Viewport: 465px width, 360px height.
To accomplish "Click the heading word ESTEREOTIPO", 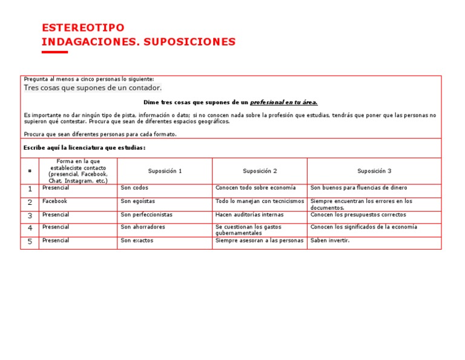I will coord(83,28).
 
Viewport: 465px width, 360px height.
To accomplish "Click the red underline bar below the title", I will coord(54,52).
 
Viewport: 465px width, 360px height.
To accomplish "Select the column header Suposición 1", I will coord(165,172).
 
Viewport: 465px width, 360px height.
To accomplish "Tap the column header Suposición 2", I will coord(260,172).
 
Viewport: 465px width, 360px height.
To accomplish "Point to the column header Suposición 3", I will coord(374,172).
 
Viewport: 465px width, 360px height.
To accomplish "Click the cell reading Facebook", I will coord(54,201).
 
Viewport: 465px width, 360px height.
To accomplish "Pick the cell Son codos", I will coord(134,188).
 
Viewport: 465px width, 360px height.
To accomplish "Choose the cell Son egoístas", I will coord(138,201).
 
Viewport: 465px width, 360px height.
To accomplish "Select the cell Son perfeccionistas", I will coord(147,215).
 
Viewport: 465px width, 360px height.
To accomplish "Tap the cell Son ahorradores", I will coord(143,227).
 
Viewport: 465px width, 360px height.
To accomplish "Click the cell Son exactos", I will coord(137,241).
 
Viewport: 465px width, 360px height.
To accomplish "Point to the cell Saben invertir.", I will coord(330,241).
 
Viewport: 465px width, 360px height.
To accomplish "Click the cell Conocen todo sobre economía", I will coord(256,188).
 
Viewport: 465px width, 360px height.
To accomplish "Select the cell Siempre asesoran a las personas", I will coord(259,241).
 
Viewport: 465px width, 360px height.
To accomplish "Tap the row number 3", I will coord(30,216).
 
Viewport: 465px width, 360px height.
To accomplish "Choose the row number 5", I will coord(30,242).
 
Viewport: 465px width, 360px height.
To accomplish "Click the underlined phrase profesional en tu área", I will coord(284,102).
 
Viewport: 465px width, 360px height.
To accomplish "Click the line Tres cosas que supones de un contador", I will coord(93,88).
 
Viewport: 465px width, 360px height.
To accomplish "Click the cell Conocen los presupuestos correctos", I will coord(358,215).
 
